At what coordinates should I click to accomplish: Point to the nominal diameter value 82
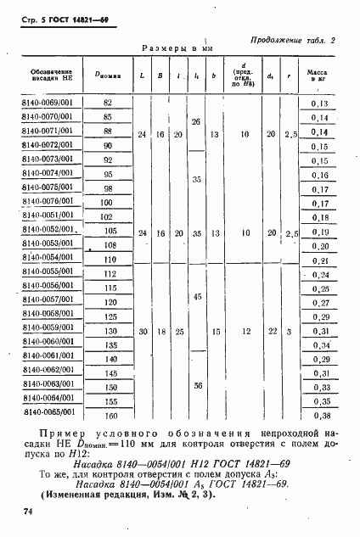coord(107,102)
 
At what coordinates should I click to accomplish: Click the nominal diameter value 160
coord(108,416)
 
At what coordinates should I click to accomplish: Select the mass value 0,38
coord(320,416)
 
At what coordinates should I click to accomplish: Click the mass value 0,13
coord(320,103)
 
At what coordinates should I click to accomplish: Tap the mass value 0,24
coord(320,276)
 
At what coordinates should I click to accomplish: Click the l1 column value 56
coord(197,385)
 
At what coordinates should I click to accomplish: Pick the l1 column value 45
coord(197,296)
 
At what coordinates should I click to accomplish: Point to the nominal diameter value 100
coord(107,203)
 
